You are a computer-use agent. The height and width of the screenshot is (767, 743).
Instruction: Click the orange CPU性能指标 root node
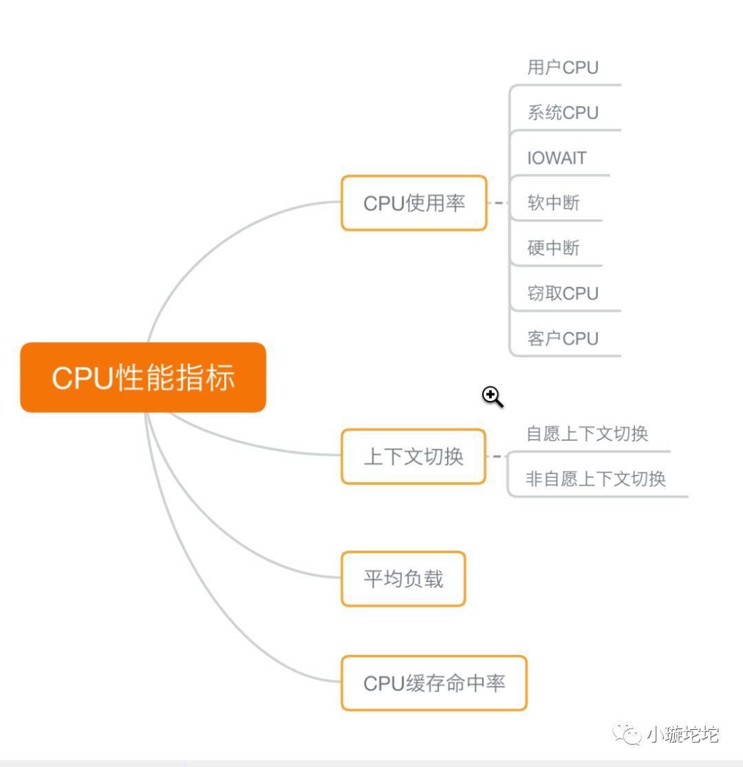click(143, 378)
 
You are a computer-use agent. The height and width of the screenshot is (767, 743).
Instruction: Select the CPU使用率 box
click(413, 203)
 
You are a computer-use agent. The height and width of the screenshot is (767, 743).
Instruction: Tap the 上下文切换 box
click(413, 457)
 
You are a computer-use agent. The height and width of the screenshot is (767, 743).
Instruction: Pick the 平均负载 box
click(403, 579)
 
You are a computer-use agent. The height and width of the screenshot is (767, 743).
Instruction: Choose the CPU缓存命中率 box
click(433, 683)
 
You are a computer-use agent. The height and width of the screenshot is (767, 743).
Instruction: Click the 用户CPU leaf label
click(563, 67)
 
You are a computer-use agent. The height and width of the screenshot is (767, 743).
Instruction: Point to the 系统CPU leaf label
click(563, 113)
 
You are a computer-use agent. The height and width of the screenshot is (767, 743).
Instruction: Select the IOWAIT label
click(557, 158)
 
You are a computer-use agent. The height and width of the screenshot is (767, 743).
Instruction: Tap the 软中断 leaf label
click(553, 203)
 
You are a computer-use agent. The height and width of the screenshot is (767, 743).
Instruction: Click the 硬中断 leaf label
click(553, 248)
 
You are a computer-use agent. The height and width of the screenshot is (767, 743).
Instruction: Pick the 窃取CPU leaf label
click(563, 294)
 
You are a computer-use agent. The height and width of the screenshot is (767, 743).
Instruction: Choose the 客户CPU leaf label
click(563, 338)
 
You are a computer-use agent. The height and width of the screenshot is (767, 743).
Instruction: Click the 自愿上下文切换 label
click(587, 434)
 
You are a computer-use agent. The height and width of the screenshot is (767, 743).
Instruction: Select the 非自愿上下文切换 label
click(596, 479)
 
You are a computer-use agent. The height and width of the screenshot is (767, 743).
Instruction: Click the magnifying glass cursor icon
click(491, 396)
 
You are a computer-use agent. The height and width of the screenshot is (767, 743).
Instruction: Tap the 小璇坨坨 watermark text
click(682, 735)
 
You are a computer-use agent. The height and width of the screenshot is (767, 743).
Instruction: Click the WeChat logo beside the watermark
click(627, 734)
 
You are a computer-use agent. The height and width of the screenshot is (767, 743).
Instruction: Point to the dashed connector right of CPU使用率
click(497, 203)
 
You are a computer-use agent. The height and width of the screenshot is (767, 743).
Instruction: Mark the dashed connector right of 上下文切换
click(496, 456)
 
